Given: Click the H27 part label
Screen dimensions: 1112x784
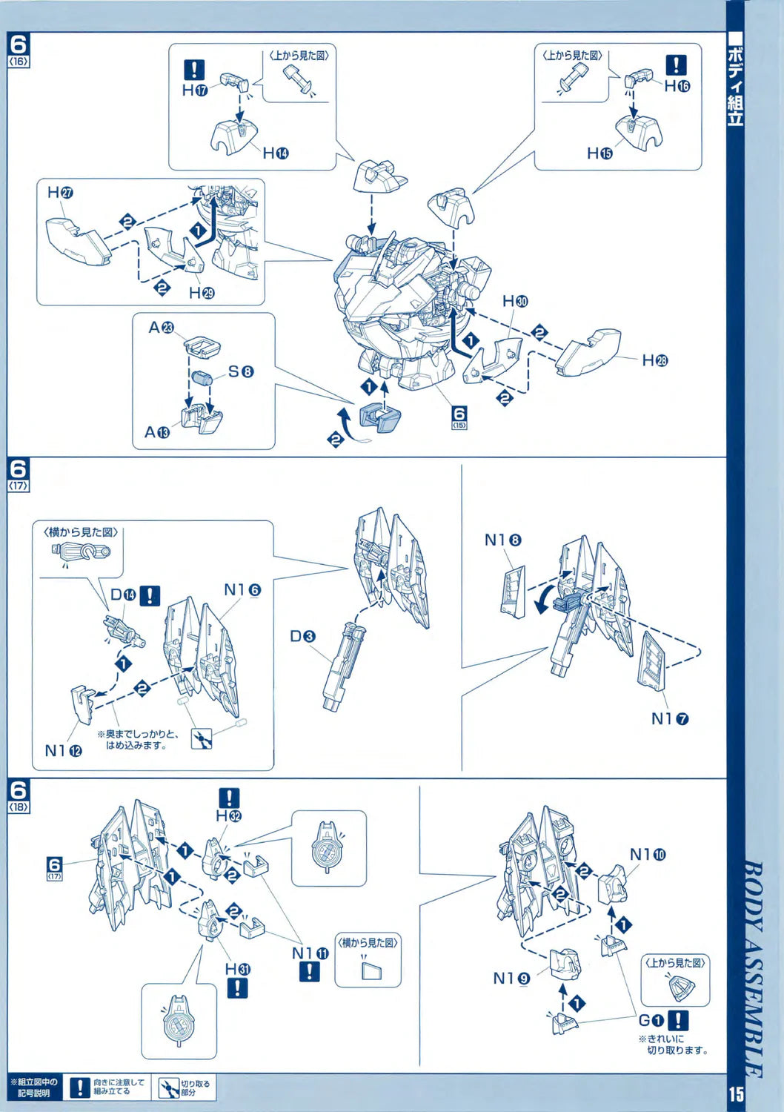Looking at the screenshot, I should click(x=60, y=193).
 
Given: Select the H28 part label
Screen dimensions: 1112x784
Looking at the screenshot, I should click(x=654, y=360).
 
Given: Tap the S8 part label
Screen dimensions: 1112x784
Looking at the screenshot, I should click(x=240, y=371).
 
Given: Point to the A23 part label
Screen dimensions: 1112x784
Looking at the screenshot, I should click(x=162, y=327).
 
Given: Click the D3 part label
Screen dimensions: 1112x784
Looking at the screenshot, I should click(x=302, y=636).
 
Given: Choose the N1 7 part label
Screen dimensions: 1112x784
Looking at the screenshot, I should click(x=670, y=718).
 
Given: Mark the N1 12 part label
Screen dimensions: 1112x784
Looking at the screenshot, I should click(x=63, y=750).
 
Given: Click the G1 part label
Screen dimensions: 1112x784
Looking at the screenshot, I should click(x=654, y=1021).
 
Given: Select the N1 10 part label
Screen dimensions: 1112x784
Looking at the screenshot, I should click(x=648, y=855).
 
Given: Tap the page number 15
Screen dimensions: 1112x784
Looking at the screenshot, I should click(x=736, y=1093).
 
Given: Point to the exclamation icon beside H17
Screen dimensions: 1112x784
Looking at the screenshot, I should click(x=193, y=70).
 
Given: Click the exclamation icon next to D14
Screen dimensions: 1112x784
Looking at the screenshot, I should click(x=150, y=595).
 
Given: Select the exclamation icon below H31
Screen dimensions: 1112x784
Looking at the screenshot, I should click(x=237, y=987).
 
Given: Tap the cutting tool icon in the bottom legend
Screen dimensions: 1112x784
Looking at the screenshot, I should click(x=165, y=1088).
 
